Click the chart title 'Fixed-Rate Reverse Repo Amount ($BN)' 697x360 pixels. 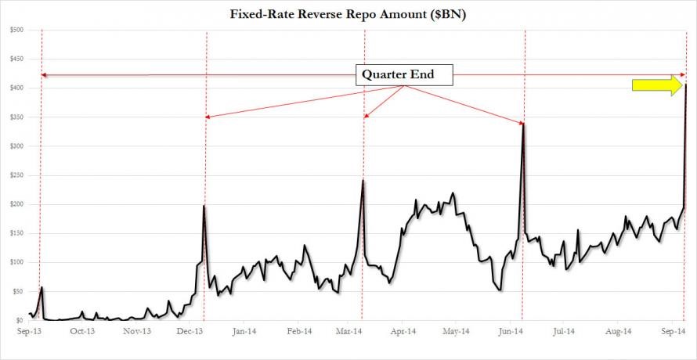(348, 13)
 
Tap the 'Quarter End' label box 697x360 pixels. (406, 75)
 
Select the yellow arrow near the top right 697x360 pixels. (657, 85)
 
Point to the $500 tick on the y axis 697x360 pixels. (16, 30)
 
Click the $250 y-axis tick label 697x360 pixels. (16, 175)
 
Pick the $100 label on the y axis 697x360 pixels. (16, 262)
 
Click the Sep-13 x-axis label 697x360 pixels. (29, 332)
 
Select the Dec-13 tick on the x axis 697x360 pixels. (190, 332)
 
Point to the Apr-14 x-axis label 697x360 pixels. (403, 332)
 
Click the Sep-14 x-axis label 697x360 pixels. (670, 332)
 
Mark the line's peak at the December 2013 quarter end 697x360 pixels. (204, 206)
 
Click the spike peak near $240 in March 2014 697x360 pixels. (363, 181)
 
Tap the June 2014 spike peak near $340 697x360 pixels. (523, 124)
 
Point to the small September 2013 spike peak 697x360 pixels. (42, 287)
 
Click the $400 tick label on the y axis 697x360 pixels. (16, 88)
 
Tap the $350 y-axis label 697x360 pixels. (16, 117)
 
